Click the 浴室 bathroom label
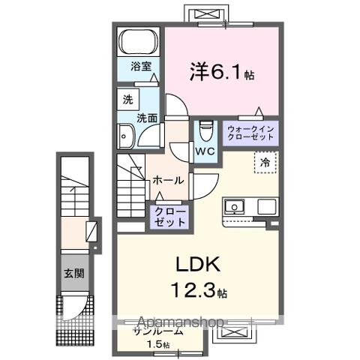click(136, 65)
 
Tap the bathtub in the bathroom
click(137, 40)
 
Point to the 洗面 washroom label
click(147, 118)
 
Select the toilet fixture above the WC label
click(206, 130)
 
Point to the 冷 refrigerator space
click(265, 161)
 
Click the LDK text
click(196, 265)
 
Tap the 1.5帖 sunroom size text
click(158, 345)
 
